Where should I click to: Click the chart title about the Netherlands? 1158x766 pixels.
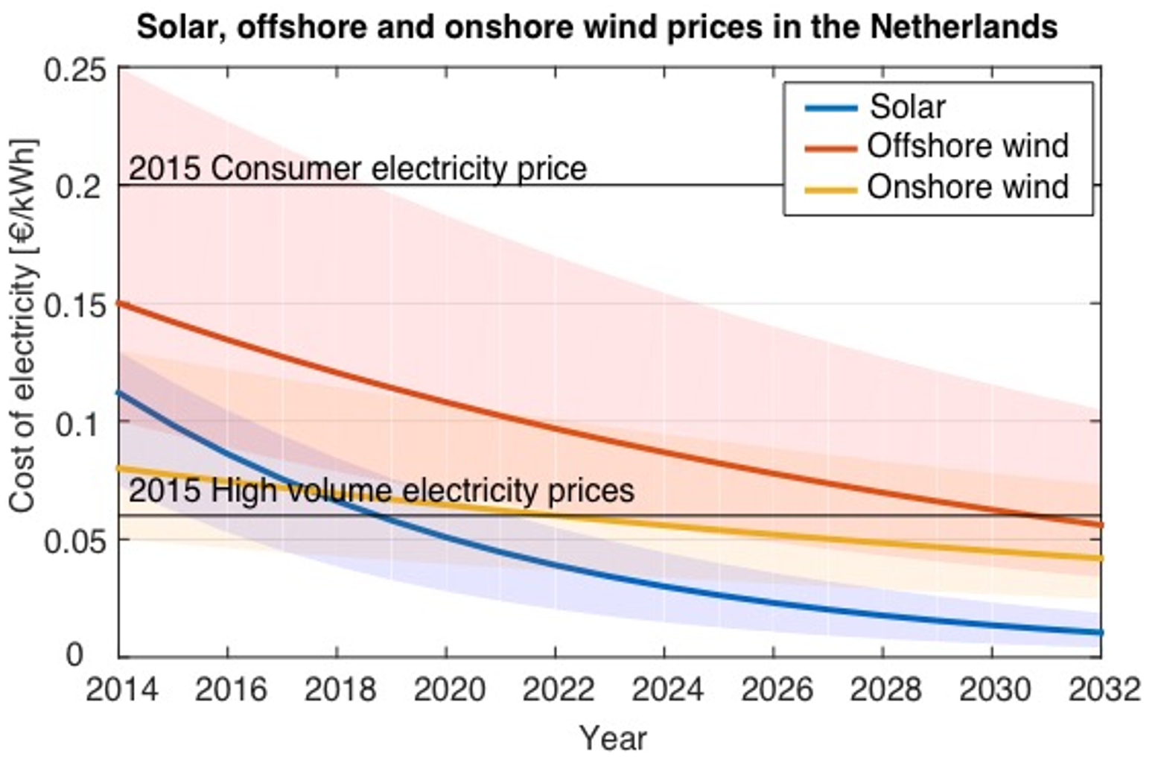597,28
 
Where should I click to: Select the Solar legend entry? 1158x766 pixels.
907,107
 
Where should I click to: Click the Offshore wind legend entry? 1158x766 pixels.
967,146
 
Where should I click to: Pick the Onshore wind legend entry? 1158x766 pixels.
967,186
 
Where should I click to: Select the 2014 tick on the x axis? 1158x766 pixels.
121,690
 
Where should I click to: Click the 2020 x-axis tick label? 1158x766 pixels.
448,690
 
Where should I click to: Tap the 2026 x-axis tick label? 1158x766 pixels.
776,690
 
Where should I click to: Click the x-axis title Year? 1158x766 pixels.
613,738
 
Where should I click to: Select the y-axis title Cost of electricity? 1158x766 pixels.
23,326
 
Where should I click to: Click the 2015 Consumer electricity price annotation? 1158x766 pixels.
357,169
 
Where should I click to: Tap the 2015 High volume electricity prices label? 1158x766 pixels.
381,491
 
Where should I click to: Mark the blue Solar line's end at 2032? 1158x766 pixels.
1100,633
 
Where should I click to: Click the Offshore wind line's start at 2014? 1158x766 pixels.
121,303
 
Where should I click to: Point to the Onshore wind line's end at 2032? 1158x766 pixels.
1100,558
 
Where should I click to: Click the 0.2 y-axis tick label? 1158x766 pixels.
80,186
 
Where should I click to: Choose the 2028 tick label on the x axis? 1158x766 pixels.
885,690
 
